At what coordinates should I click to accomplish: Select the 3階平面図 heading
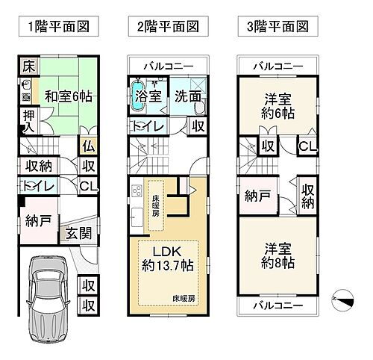click(x=278, y=28)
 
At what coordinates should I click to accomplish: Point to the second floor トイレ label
click(x=148, y=127)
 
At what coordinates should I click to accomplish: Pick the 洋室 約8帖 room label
click(x=277, y=256)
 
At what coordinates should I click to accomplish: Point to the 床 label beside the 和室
click(x=26, y=66)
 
